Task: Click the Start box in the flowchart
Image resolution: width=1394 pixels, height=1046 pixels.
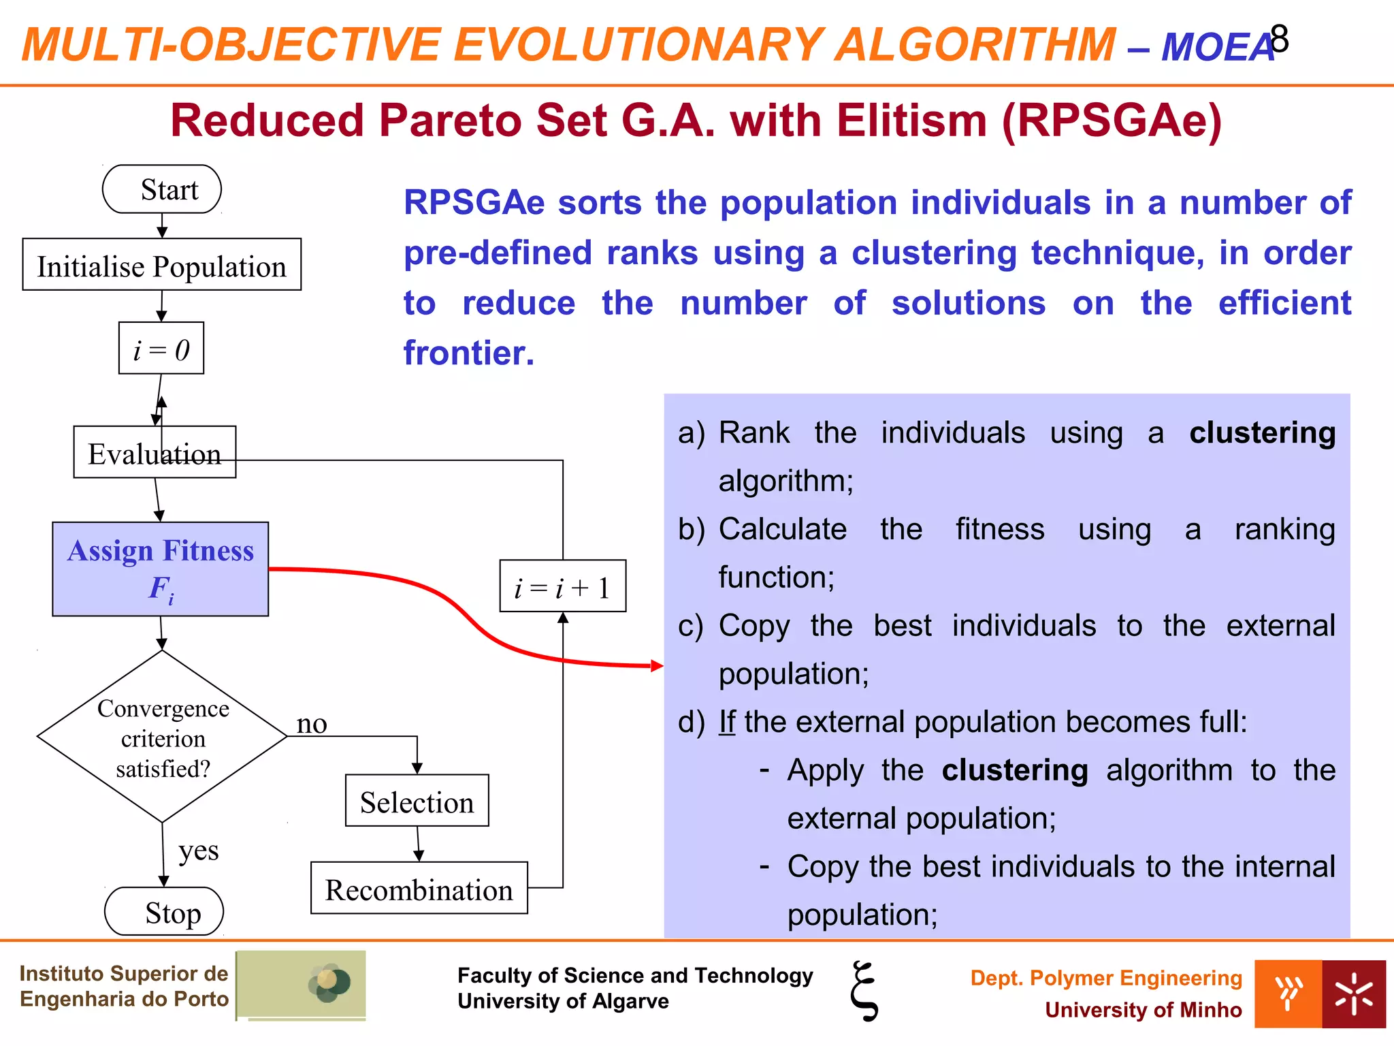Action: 162,189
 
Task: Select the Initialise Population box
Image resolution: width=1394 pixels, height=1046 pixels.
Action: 162,265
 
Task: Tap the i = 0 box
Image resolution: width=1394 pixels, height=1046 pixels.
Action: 161,349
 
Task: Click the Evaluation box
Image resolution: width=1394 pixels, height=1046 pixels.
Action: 155,453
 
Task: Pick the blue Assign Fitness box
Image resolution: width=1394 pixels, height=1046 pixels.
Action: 161,569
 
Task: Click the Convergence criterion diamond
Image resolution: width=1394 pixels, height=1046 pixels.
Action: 162,737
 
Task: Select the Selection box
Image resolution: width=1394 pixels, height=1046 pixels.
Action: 417,801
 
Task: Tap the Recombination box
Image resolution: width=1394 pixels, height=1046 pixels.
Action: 419,889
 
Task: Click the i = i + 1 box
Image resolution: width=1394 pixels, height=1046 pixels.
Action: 562,586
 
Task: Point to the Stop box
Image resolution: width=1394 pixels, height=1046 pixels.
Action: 164,912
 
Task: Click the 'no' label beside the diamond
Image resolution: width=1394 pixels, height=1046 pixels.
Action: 312,724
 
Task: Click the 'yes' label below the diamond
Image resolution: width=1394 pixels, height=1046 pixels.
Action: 199,851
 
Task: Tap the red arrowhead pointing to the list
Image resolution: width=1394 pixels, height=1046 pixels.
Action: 657,666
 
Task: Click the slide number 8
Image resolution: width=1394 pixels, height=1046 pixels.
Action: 1279,39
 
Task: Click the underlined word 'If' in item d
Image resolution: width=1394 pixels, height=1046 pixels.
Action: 727,722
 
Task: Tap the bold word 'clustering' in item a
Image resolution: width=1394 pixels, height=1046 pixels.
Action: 1262,433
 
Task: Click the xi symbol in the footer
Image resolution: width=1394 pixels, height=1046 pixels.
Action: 864,991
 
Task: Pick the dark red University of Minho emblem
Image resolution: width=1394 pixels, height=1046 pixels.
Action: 1353,994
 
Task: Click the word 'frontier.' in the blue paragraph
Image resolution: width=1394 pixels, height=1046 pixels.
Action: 469,353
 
